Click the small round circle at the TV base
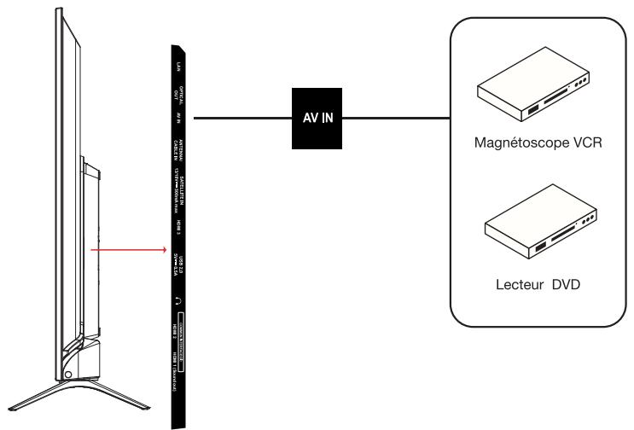point(68,372)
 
